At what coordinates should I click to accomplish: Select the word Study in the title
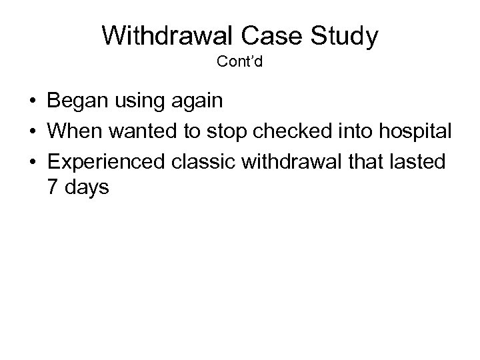(347, 37)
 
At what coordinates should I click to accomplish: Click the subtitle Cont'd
(240, 64)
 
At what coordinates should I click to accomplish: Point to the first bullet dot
(32, 103)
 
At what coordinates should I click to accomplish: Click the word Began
(74, 103)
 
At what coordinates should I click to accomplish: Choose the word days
(86, 189)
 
